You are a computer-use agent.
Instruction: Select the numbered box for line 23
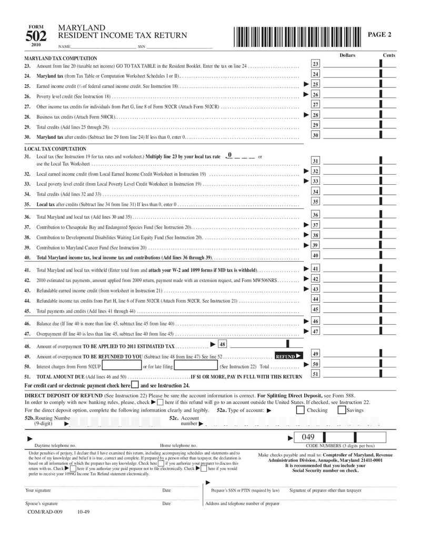point(316,64)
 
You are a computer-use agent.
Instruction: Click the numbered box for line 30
point(316,135)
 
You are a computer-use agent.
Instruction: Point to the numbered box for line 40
point(316,255)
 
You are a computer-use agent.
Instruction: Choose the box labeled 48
point(222,344)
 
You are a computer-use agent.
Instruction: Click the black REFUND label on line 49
point(289,356)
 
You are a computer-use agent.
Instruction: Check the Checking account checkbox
point(300,410)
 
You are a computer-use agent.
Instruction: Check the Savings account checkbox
point(342,410)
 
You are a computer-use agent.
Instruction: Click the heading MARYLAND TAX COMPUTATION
point(61,58)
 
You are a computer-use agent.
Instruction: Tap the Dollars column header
point(347,55)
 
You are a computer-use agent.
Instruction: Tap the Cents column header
point(389,55)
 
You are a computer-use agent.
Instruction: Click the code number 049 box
point(309,437)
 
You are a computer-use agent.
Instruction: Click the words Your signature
point(38,490)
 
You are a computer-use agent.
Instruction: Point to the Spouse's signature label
point(42,503)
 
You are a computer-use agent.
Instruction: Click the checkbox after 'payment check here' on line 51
point(135,385)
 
